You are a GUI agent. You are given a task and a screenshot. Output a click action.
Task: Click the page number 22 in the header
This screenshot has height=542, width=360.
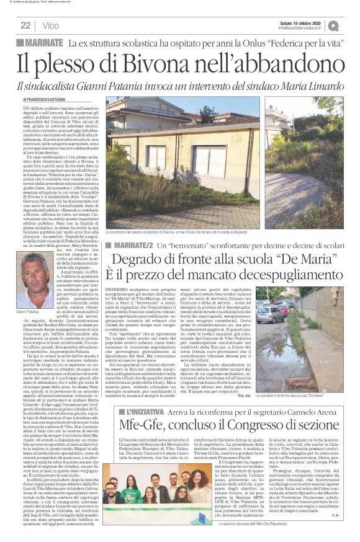click(26, 25)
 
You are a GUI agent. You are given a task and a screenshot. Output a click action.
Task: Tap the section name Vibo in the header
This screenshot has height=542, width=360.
click(52, 25)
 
